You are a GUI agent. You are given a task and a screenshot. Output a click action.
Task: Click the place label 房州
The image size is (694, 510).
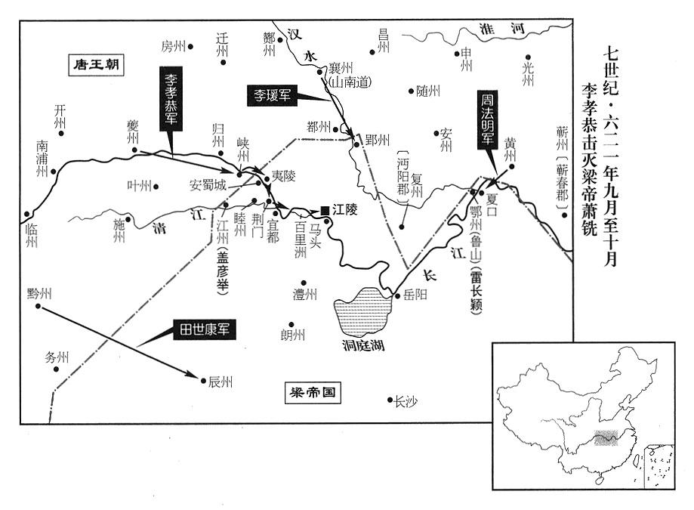click(172, 47)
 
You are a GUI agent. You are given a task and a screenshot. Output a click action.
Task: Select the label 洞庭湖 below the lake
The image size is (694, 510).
click(360, 350)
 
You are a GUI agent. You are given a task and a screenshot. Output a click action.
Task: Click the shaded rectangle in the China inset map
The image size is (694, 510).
click(606, 438)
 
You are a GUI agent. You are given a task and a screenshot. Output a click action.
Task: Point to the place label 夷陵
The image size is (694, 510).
click(284, 175)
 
